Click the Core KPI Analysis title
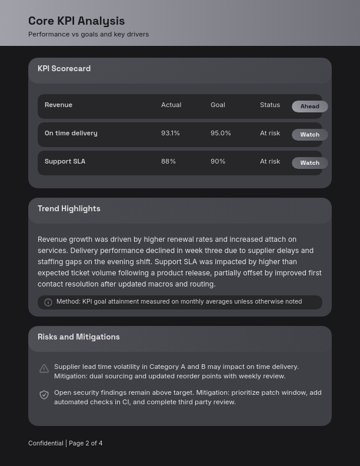click(76, 21)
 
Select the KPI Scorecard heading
click(64, 69)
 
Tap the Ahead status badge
click(310, 106)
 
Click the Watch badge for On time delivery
click(310, 135)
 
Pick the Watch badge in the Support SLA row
click(310, 163)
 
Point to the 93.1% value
click(171, 134)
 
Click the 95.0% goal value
click(221, 134)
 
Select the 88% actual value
click(168, 162)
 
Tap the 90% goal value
click(218, 162)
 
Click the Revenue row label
click(58, 105)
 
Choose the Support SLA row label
click(65, 162)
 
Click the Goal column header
click(218, 105)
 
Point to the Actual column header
click(171, 105)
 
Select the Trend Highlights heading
click(69, 209)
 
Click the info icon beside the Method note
click(48, 302)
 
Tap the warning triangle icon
click(44, 369)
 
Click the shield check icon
click(44, 395)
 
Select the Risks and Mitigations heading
click(79, 337)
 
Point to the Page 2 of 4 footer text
click(86, 444)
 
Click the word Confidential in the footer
click(45, 444)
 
